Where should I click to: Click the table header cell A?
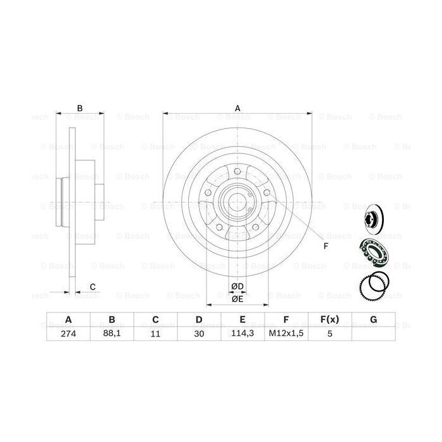click(68, 320)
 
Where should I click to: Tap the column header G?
click(373, 320)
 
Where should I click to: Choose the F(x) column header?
click(330, 320)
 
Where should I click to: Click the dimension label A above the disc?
click(237, 109)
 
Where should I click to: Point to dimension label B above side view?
click(80, 109)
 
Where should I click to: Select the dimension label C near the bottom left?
click(92, 287)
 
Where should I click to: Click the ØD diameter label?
click(237, 287)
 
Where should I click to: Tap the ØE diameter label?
click(237, 299)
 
